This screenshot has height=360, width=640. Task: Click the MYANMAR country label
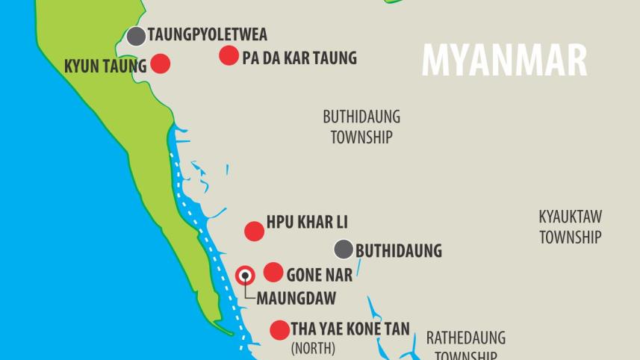(504, 60)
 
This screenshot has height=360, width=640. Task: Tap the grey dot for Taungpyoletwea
(136, 36)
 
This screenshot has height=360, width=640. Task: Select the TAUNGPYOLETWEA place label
(207, 35)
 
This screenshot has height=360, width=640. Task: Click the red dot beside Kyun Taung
(161, 63)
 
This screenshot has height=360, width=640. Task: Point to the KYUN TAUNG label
(105, 66)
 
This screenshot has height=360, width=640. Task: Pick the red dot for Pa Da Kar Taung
(229, 55)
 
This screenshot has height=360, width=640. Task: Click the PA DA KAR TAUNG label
(299, 58)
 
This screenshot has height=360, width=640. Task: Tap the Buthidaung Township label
(361, 127)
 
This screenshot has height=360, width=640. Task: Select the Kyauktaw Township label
(571, 227)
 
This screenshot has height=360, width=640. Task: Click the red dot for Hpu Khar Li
(255, 231)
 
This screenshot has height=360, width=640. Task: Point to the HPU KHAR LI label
(307, 223)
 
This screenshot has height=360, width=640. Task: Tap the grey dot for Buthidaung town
(344, 249)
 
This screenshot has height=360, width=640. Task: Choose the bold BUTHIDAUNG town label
(399, 251)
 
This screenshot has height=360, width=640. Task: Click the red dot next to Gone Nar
(273, 272)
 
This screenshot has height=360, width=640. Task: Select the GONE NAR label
(319, 275)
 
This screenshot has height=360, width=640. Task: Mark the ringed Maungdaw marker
(245, 276)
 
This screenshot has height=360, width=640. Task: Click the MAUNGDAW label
(296, 298)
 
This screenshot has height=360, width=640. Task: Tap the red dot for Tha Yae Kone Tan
(279, 330)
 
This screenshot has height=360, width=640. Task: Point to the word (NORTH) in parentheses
(313, 348)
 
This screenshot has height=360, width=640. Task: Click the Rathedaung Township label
(466, 346)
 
